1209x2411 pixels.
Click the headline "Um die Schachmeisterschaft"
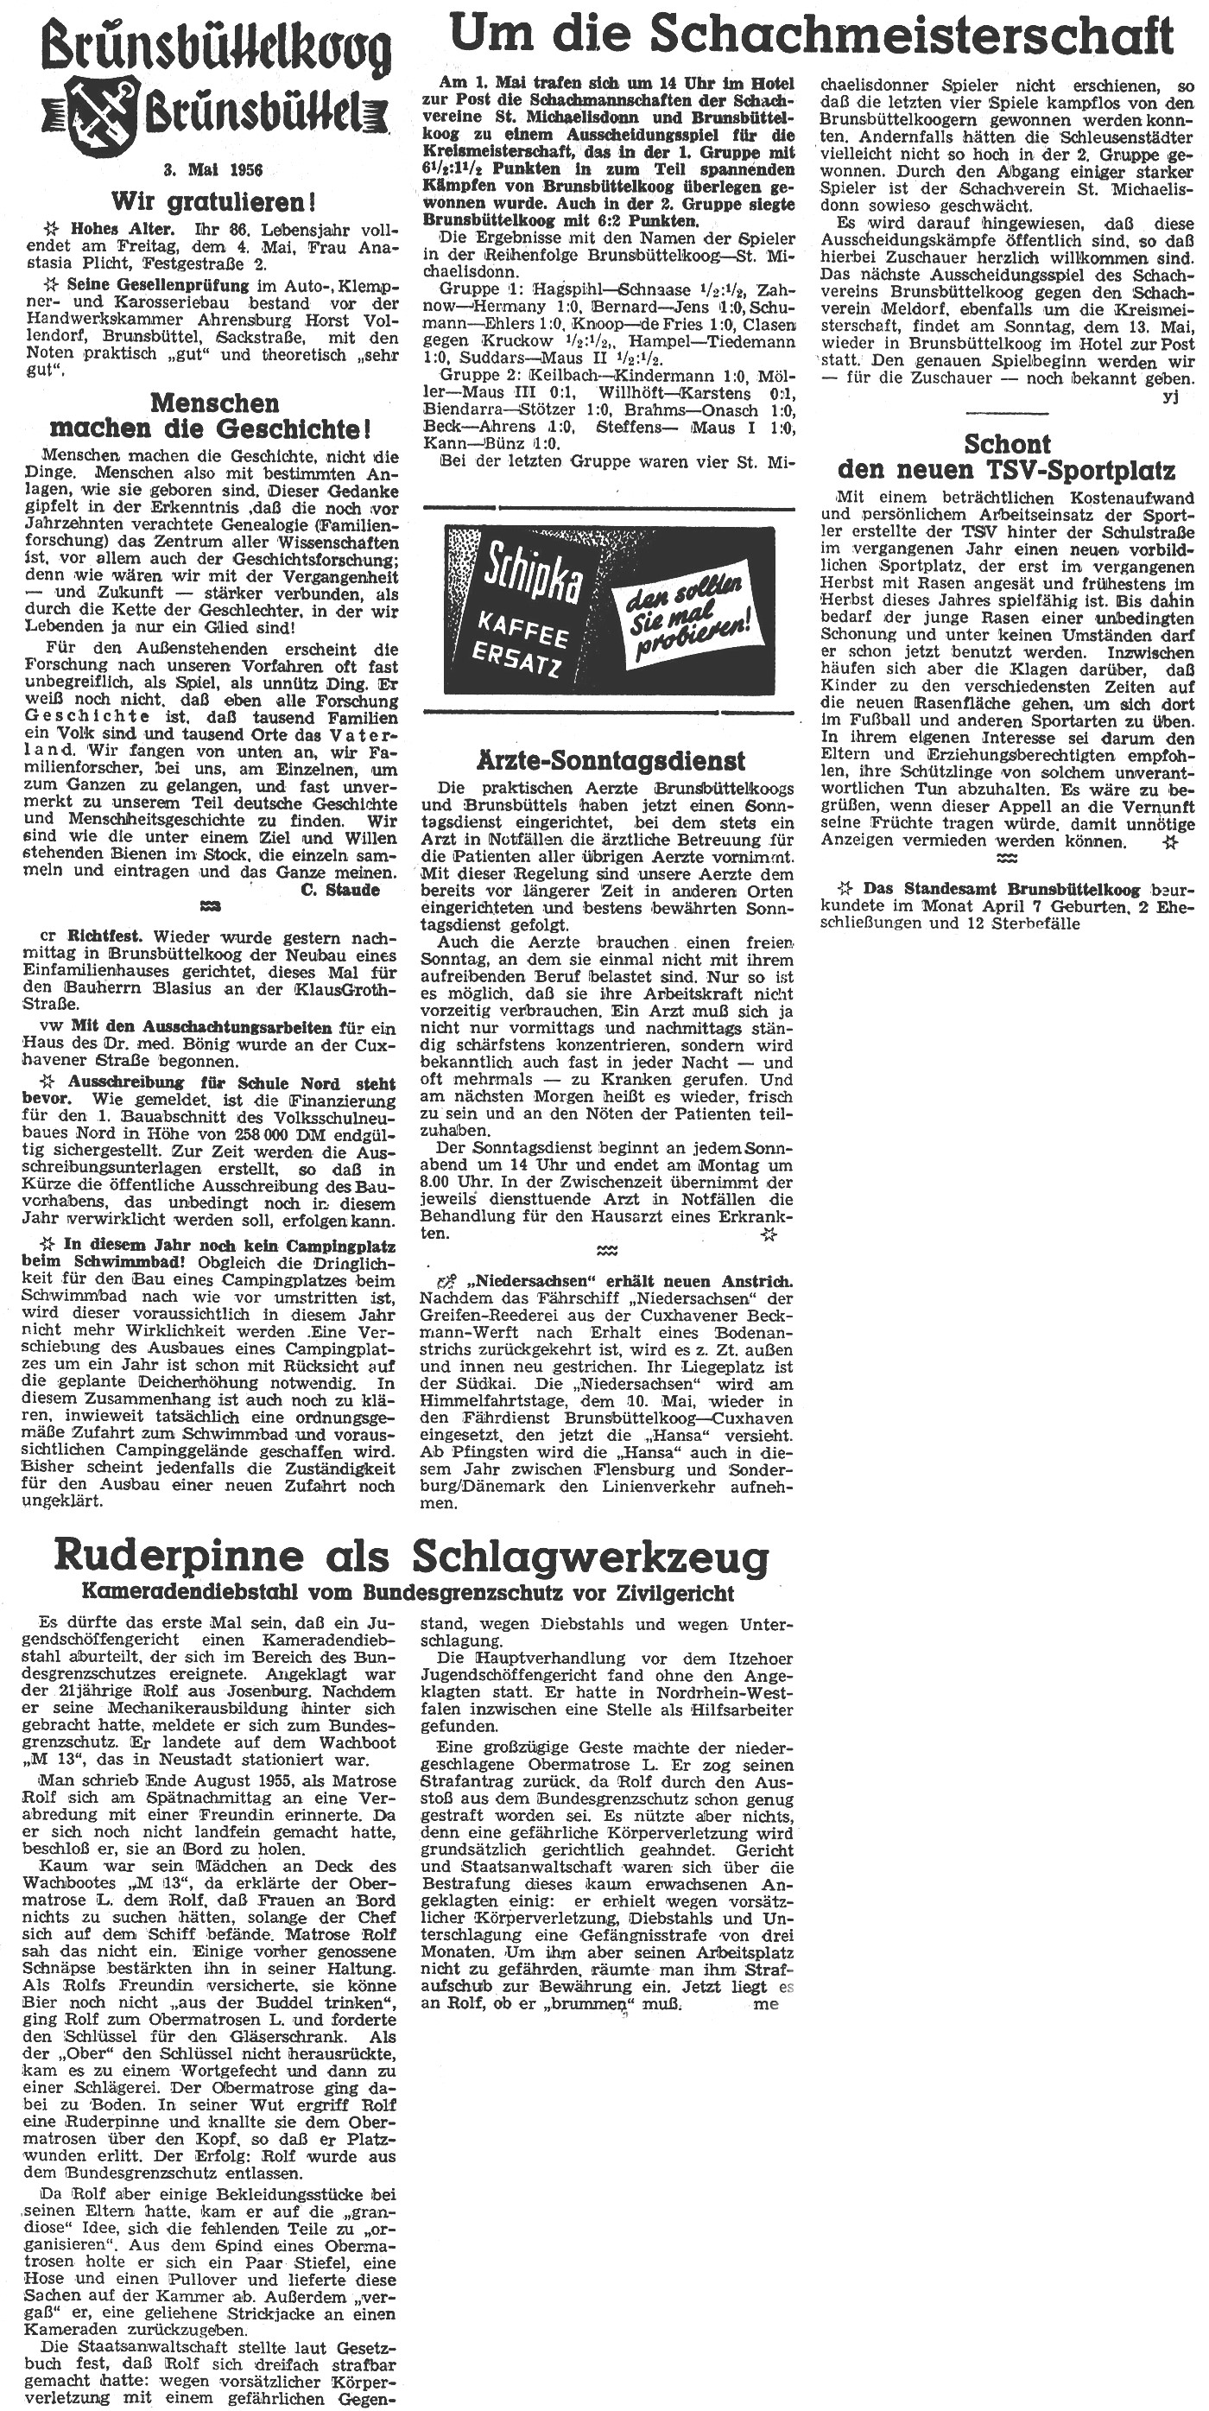[x=811, y=35]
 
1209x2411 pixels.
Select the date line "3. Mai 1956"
[x=213, y=170]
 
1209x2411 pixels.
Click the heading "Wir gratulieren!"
[x=213, y=201]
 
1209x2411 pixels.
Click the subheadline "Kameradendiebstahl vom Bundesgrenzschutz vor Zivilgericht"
[x=407, y=1593]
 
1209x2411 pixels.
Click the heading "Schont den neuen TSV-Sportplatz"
[x=1007, y=457]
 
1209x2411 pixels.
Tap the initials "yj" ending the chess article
[x=1173, y=396]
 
